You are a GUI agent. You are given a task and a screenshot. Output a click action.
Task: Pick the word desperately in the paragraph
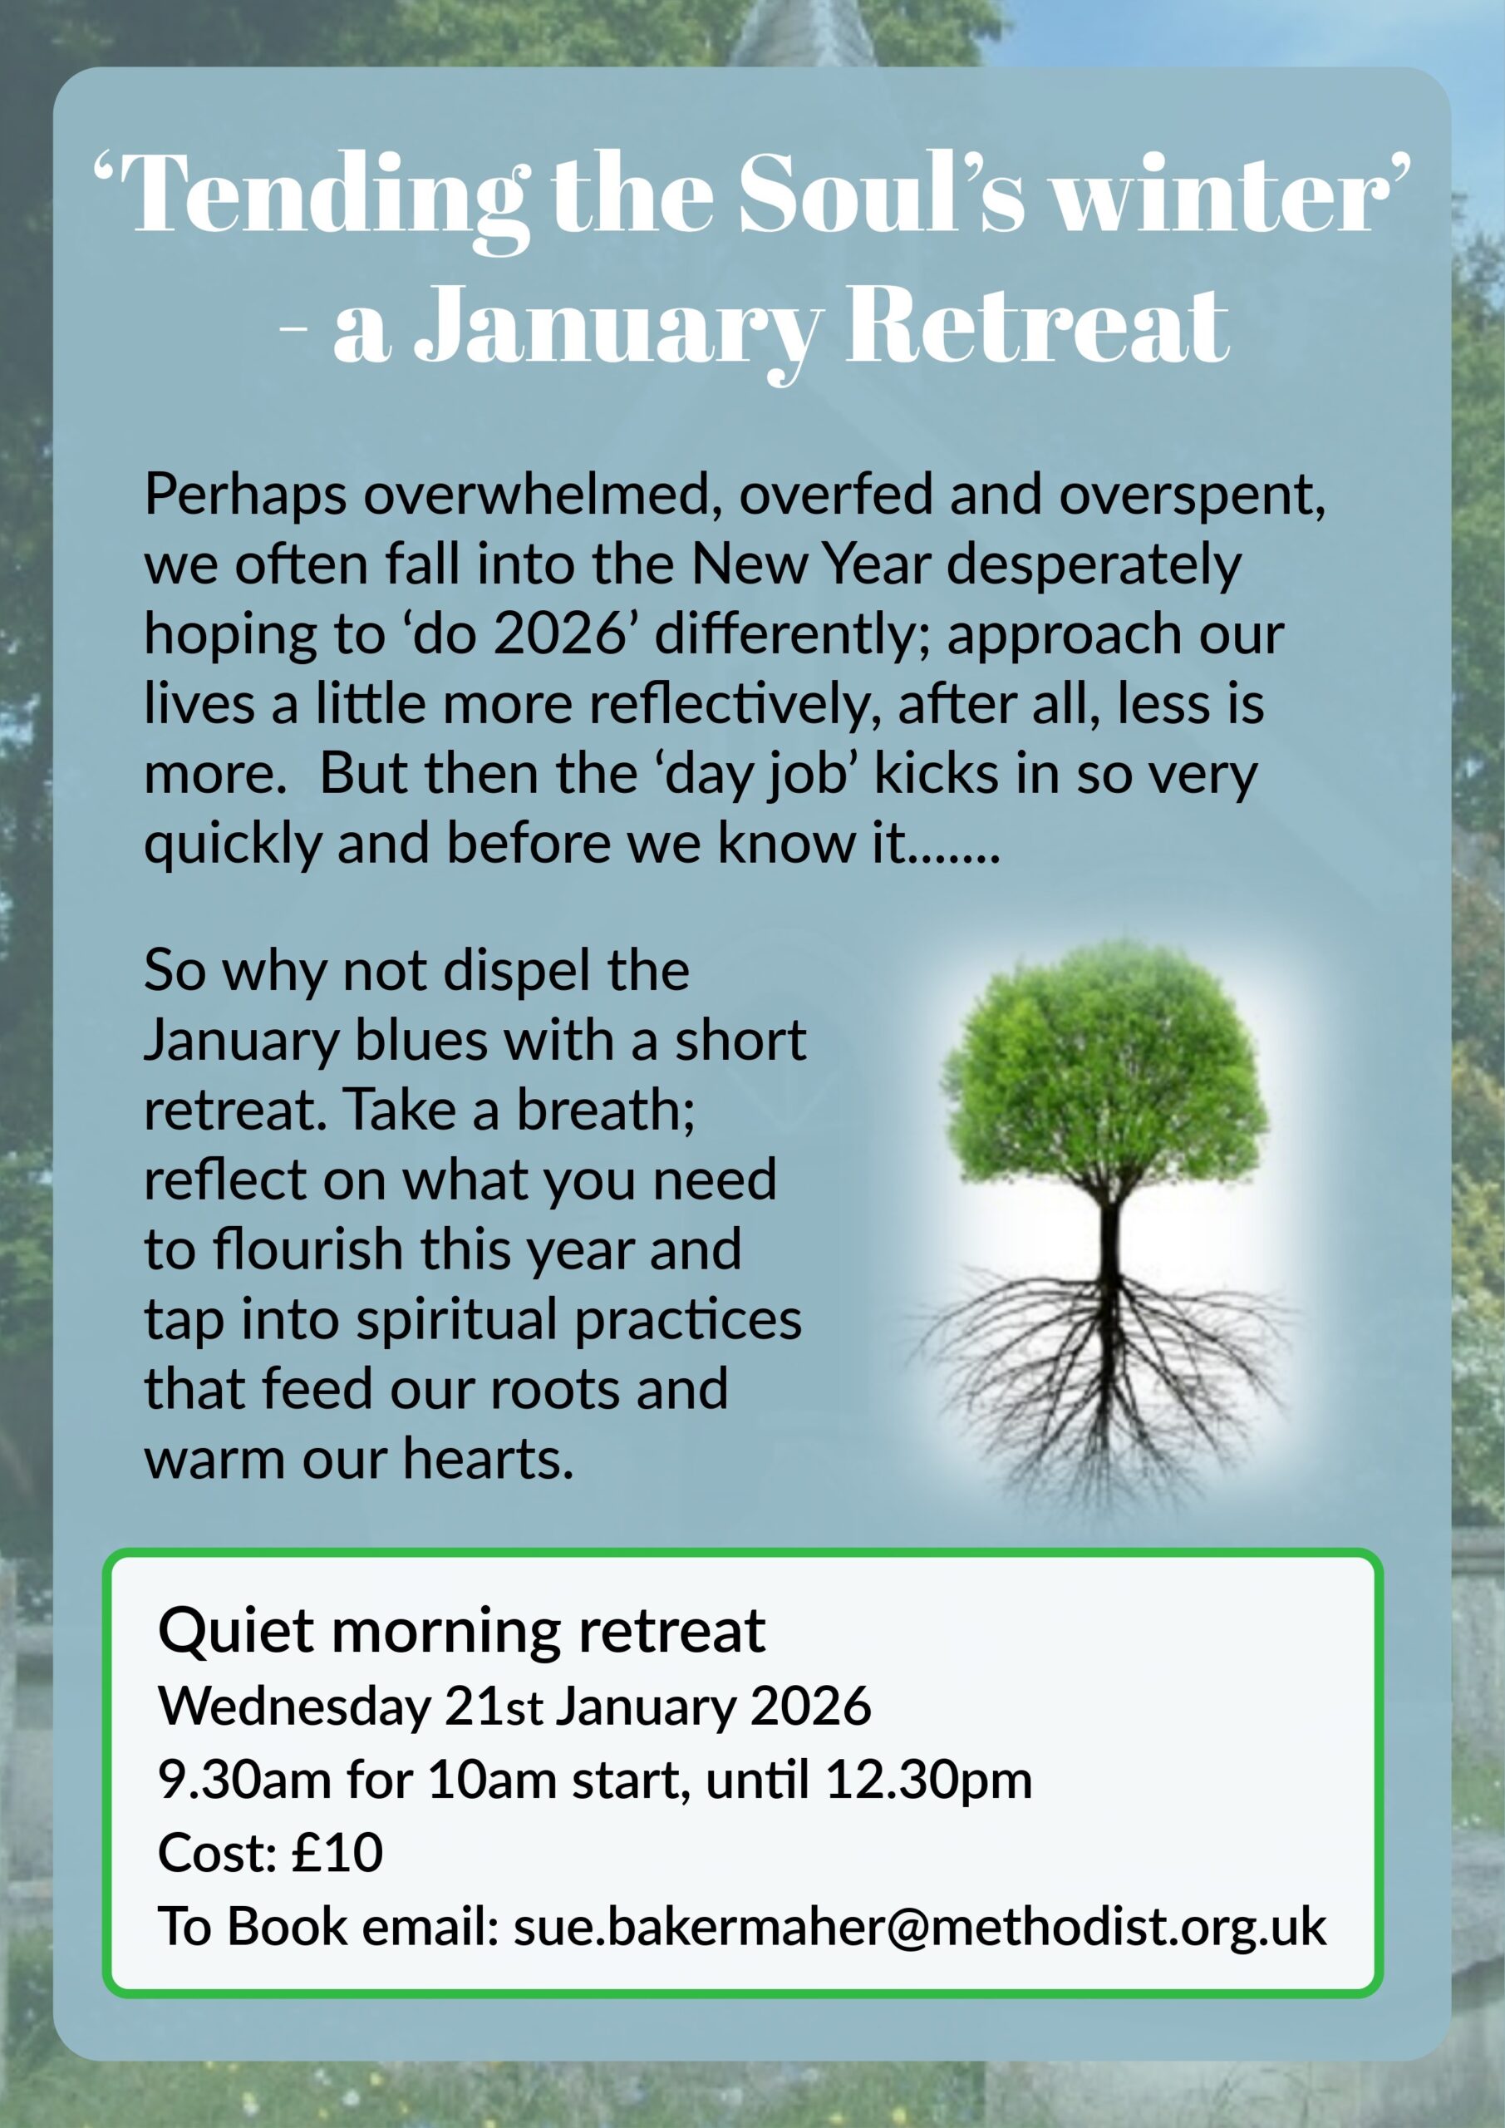[1094, 565]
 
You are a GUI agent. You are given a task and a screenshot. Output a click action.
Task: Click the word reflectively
[734, 704]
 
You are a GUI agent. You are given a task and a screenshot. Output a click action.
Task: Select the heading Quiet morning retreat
[461, 1630]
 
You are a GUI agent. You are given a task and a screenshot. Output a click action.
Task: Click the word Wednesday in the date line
[295, 1706]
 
